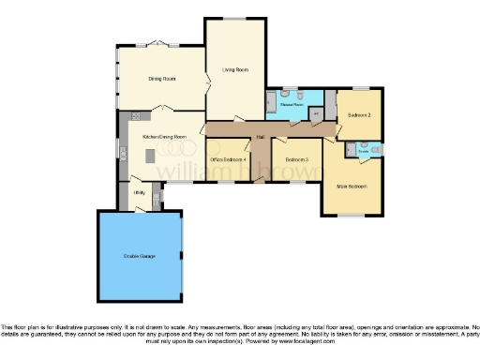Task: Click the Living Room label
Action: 235,69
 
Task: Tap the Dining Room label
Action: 162,79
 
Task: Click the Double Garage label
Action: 139,255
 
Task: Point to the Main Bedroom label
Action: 351,186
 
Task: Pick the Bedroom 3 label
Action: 296,159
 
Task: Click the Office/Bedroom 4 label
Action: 228,159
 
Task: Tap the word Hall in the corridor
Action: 258,139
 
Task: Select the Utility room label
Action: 139,193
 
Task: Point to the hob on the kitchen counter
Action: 137,116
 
